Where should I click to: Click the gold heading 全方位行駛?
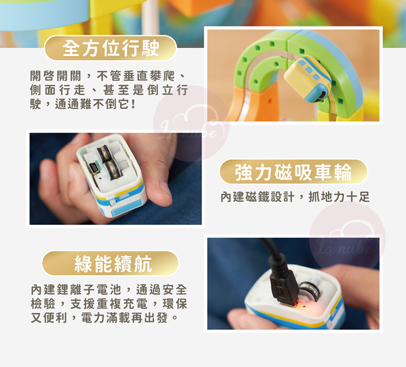point(111,48)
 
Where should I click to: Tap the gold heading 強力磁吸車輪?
point(293,172)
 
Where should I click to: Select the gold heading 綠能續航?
point(113,263)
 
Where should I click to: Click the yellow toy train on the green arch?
point(308,79)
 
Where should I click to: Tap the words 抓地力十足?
point(339,197)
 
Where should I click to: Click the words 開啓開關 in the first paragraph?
point(56,76)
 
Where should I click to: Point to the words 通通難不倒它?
point(93,105)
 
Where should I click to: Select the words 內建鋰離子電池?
point(76,289)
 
